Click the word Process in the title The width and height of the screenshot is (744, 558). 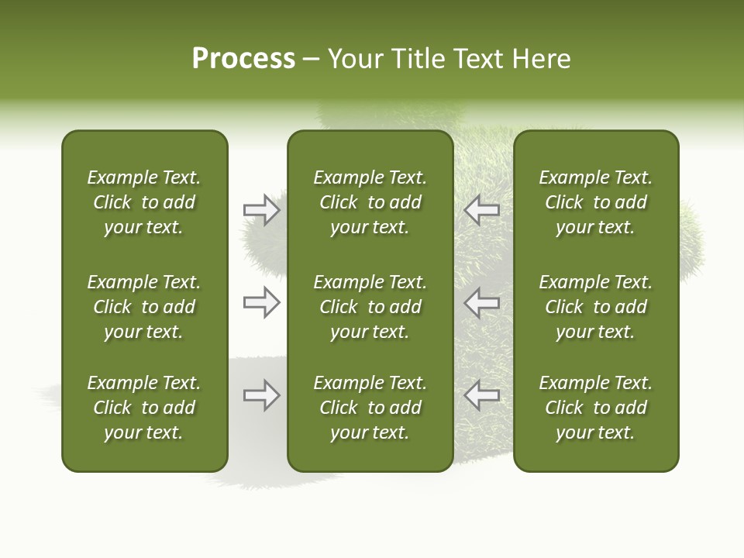[243, 59]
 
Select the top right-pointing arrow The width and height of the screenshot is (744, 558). [262, 210]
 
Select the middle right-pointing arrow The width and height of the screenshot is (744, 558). [262, 302]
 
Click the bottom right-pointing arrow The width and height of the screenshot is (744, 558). [262, 395]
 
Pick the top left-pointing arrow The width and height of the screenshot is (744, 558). [481, 210]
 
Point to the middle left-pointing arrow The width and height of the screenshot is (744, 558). [481, 302]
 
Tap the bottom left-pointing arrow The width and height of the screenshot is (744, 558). [481, 395]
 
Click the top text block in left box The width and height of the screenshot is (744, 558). [144, 202]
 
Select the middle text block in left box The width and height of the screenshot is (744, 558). [144, 307]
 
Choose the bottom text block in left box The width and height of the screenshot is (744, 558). [144, 408]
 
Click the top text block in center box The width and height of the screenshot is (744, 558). [370, 202]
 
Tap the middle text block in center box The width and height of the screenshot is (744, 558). [370, 307]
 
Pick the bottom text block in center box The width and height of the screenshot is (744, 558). [370, 408]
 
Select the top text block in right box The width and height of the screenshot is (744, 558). [596, 202]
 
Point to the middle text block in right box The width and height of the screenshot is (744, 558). [596, 307]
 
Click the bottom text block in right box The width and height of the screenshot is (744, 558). [596, 408]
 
